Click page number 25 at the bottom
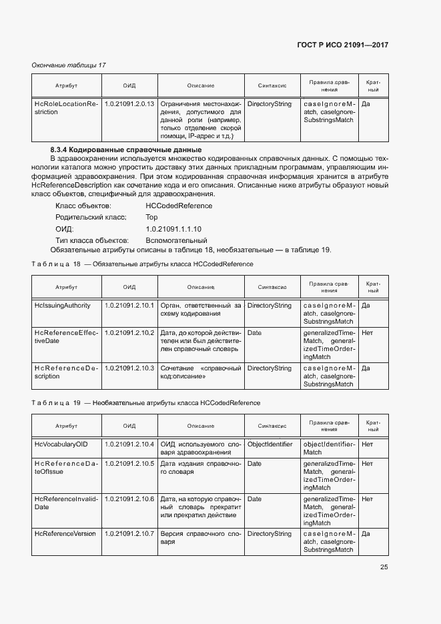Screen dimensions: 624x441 click(x=384, y=567)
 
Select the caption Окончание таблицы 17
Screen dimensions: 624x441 click(x=69, y=65)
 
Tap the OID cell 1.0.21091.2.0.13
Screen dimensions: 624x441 click(x=129, y=104)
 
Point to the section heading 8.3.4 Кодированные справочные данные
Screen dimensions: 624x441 click(x=126, y=149)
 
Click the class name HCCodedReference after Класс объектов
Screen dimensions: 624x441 click(x=179, y=206)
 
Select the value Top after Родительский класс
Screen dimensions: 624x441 click(x=151, y=218)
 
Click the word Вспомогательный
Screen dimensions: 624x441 click(x=176, y=240)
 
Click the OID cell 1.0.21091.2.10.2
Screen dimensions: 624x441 click(x=129, y=332)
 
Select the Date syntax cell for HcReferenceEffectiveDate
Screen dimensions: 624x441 click(x=254, y=332)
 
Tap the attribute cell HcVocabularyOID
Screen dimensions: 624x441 click(x=61, y=444)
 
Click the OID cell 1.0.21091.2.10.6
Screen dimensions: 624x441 click(x=129, y=499)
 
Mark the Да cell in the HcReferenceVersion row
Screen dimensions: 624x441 click(x=366, y=534)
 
